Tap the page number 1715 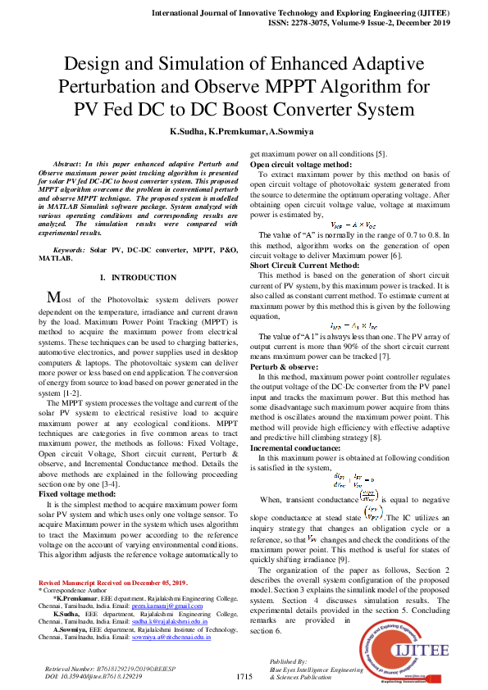coord(244,676)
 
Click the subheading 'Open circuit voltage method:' coord(301,164)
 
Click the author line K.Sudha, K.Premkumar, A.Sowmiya coord(244,130)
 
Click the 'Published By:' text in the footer coord(288,660)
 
